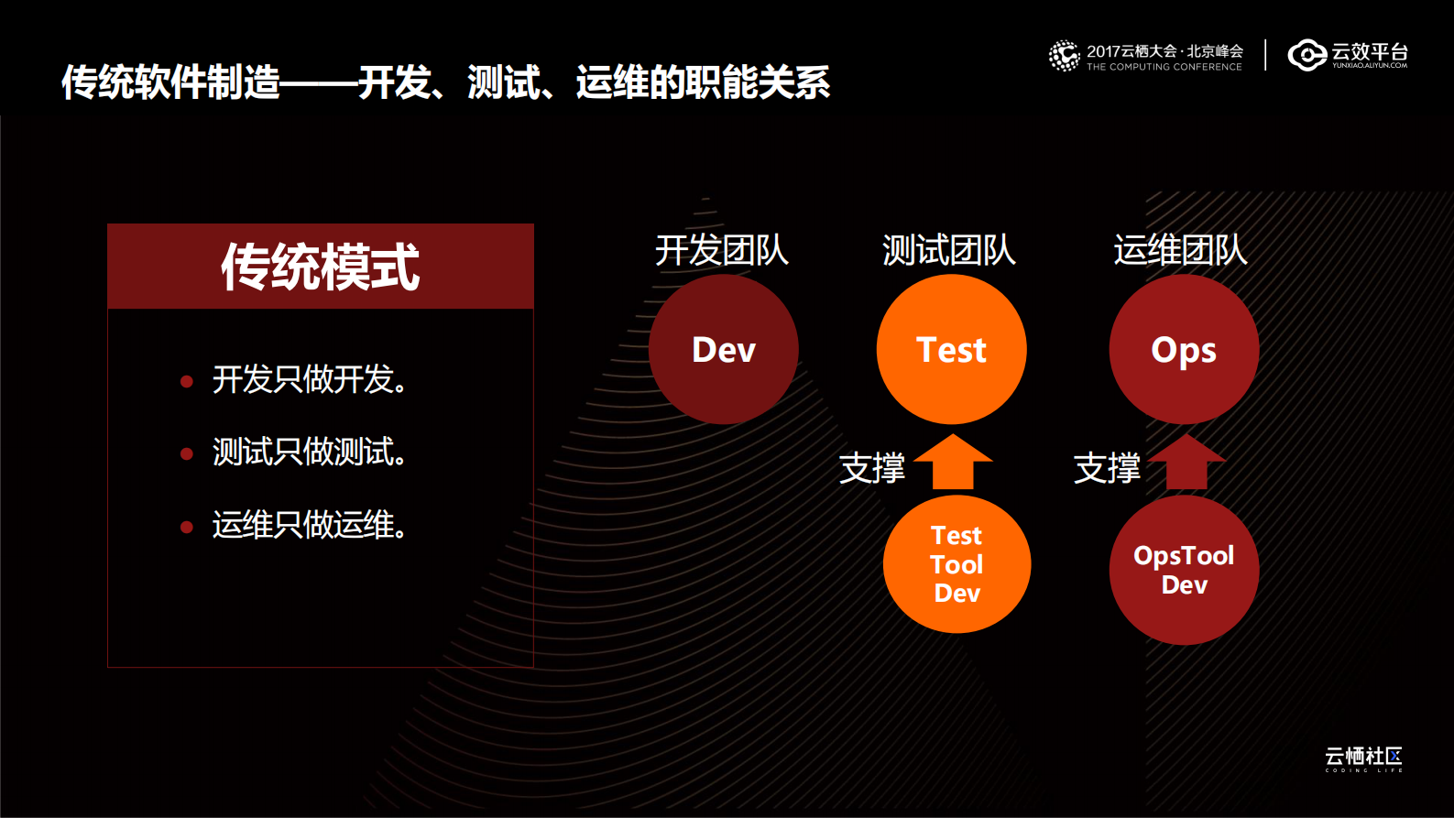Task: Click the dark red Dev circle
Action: pos(724,350)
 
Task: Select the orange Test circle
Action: pos(951,350)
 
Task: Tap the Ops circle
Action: pos(1184,350)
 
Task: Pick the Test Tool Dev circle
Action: pos(957,564)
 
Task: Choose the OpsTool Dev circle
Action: pos(1184,570)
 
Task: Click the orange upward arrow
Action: pos(953,463)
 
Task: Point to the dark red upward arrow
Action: pos(1186,463)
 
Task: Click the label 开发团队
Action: pos(722,250)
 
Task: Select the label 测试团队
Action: pos(949,250)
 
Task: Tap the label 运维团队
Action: pos(1181,250)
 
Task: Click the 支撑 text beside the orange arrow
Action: pos(872,468)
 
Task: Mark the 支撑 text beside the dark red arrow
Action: pos(1107,468)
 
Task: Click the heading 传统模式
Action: pos(321,267)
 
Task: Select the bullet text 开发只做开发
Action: pos(309,379)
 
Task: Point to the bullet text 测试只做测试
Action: pos(309,452)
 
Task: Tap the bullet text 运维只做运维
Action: pos(309,525)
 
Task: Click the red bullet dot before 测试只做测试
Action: pos(187,453)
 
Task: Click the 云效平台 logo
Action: pos(1348,55)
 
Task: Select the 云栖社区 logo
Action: pos(1363,758)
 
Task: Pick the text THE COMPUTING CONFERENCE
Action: pos(1164,67)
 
